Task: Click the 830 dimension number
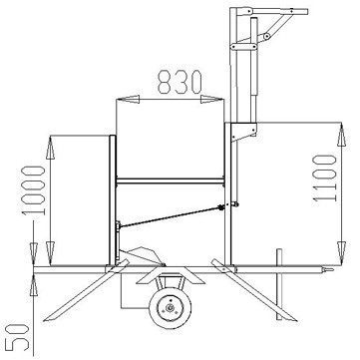180,82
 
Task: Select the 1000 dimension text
33,190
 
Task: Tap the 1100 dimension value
324,179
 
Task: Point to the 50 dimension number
19,338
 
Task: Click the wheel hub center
170,308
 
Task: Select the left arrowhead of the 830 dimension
128,99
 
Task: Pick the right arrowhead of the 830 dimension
211,99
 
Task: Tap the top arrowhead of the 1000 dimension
50,148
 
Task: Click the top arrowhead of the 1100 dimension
341,135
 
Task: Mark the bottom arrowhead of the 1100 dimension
341,253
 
